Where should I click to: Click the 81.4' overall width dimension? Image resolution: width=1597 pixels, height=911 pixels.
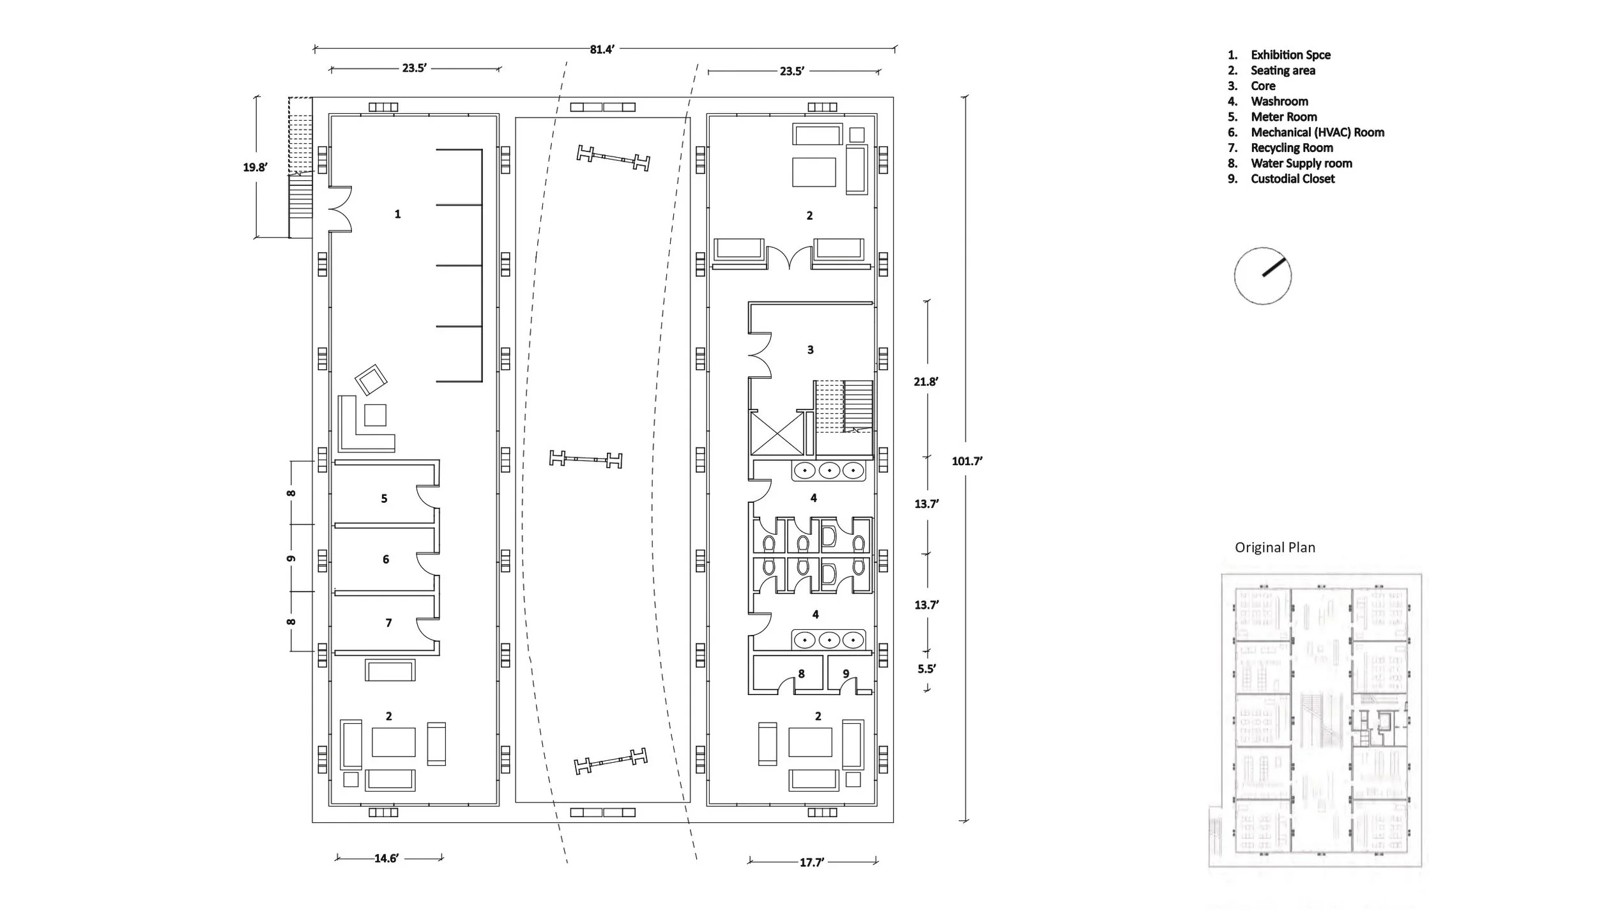pos(602,49)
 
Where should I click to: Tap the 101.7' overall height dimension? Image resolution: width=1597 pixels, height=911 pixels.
pos(967,461)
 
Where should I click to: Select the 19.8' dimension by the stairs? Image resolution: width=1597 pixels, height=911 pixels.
pos(255,167)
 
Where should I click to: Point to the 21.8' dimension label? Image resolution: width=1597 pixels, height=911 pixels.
pos(926,381)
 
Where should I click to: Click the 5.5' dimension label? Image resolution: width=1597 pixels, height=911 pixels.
pos(927,669)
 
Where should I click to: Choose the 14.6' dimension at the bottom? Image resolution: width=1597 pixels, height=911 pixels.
pos(386,858)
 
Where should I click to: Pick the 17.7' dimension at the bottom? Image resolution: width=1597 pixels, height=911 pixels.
pos(812,862)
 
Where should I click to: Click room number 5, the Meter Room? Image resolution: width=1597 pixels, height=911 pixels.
pos(384,498)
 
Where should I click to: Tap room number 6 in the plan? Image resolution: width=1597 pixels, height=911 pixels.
pos(386,560)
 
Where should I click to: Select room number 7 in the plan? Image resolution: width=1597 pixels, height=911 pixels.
pos(388,623)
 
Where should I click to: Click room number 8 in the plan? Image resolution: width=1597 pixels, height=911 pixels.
pos(801,673)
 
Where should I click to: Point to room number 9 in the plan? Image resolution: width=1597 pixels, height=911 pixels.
pos(846,673)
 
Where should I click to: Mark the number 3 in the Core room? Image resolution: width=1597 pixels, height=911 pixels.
pos(811,350)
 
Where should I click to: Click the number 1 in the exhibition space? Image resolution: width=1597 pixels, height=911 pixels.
pos(397,214)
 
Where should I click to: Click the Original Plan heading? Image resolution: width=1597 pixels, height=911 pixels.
pos(1275,547)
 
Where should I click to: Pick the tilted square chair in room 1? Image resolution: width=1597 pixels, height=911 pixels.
pos(371,380)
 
